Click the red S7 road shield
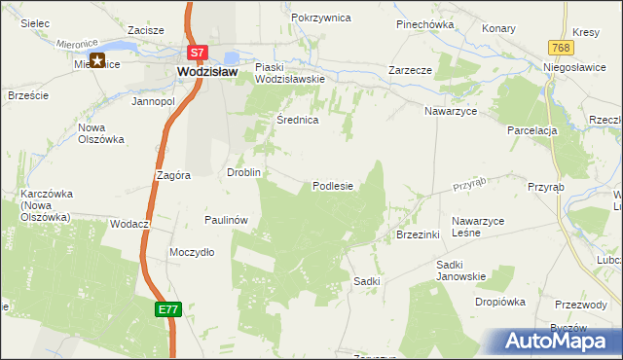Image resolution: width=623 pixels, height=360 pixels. tap(198, 53)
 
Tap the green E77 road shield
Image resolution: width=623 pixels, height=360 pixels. tap(167, 308)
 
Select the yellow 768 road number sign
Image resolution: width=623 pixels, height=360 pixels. tap(558, 48)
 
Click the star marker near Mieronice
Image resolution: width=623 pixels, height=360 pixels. tap(98, 60)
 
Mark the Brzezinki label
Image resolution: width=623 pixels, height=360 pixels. tap(420, 234)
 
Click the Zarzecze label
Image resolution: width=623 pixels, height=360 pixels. tap(410, 71)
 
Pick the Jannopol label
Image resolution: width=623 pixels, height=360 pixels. tap(153, 101)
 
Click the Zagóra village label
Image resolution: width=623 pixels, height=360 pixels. tap(172, 175)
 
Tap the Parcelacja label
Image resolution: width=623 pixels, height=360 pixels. tap(531, 130)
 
